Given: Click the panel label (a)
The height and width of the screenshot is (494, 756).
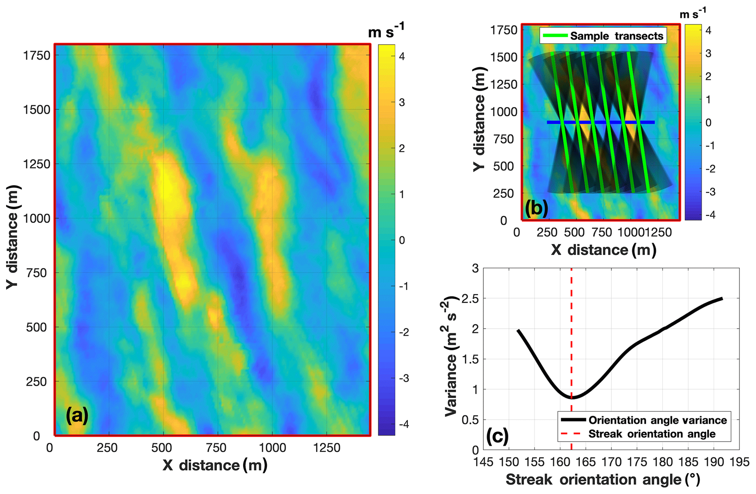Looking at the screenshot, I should point(77,416).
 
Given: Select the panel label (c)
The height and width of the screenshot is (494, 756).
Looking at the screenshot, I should point(497,436).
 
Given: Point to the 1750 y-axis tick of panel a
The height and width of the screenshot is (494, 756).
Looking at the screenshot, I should point(37,56).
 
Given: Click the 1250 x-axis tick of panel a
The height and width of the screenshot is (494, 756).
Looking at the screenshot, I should point(326,448).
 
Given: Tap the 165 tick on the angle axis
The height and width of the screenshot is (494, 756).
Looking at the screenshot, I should point(586,462).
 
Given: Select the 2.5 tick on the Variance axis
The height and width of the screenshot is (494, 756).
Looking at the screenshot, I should point(470,298).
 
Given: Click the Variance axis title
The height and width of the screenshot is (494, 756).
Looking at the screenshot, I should point(451,356).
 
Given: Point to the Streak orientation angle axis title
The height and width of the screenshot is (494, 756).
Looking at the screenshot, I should point(603,480).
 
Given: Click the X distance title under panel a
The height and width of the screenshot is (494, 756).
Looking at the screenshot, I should point(215,465).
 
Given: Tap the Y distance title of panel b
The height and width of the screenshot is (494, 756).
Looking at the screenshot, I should point(479,119).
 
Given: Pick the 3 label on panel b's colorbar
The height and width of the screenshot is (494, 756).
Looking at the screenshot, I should point(708,53).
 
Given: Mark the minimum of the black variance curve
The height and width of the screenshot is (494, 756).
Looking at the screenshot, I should point(572,397).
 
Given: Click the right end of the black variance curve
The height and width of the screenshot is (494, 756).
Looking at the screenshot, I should point(722,299).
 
